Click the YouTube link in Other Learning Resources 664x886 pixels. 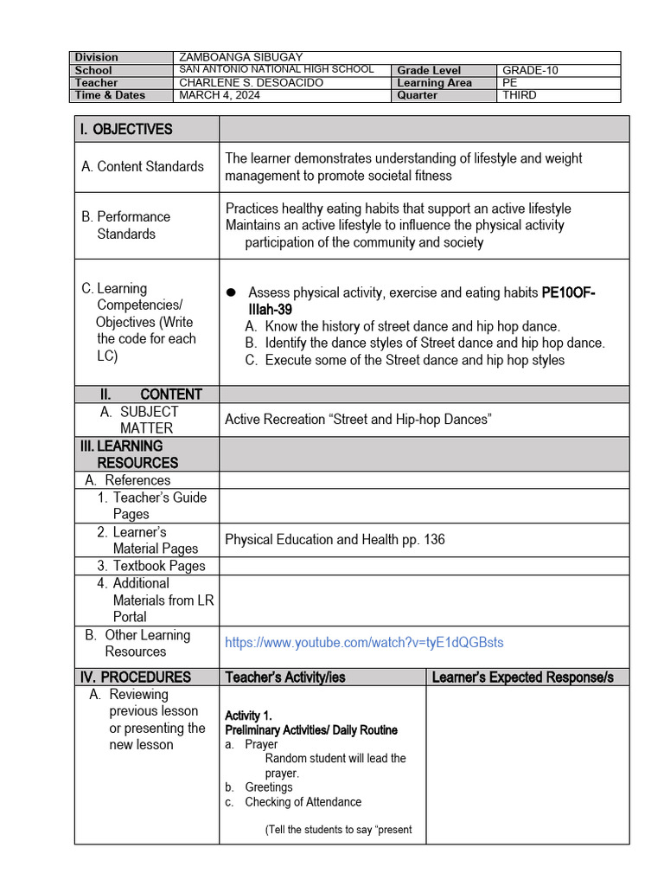pyautogui.click(x=364, y=643)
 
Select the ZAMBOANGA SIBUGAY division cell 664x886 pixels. pyautogui.click(x=240, y=57)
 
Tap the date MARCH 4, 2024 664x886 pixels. pyautogui.click(x=219, y=96)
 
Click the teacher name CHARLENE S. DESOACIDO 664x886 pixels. pyautogui.click(x=251, y=83)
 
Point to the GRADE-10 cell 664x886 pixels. pyautogui.click(x=531, y=70)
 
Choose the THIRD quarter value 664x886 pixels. pyautogui.click(x=519, y=96)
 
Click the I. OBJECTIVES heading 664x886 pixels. pyautogui.click(x=125, y=129)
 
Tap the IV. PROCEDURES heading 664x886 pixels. pyautogui.click(x=134, y=677)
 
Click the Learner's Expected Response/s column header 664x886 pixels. pyautogui.click(x=522, y=677)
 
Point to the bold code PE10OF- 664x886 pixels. pyautogui.click(x=568, y=293)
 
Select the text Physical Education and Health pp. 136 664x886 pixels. pyautogui.click(x=335, y=540)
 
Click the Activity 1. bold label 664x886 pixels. pyautogui.click(x=248, y=716)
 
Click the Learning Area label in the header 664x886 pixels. pyautogui.click(x=434, y=83)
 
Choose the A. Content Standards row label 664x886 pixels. pyautogui.click(x=143, y=166)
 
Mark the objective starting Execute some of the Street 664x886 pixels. pyautogui.click(x=414, y=360)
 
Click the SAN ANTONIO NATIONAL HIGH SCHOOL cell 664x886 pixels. pyautogui.click(x=277, y=69)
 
